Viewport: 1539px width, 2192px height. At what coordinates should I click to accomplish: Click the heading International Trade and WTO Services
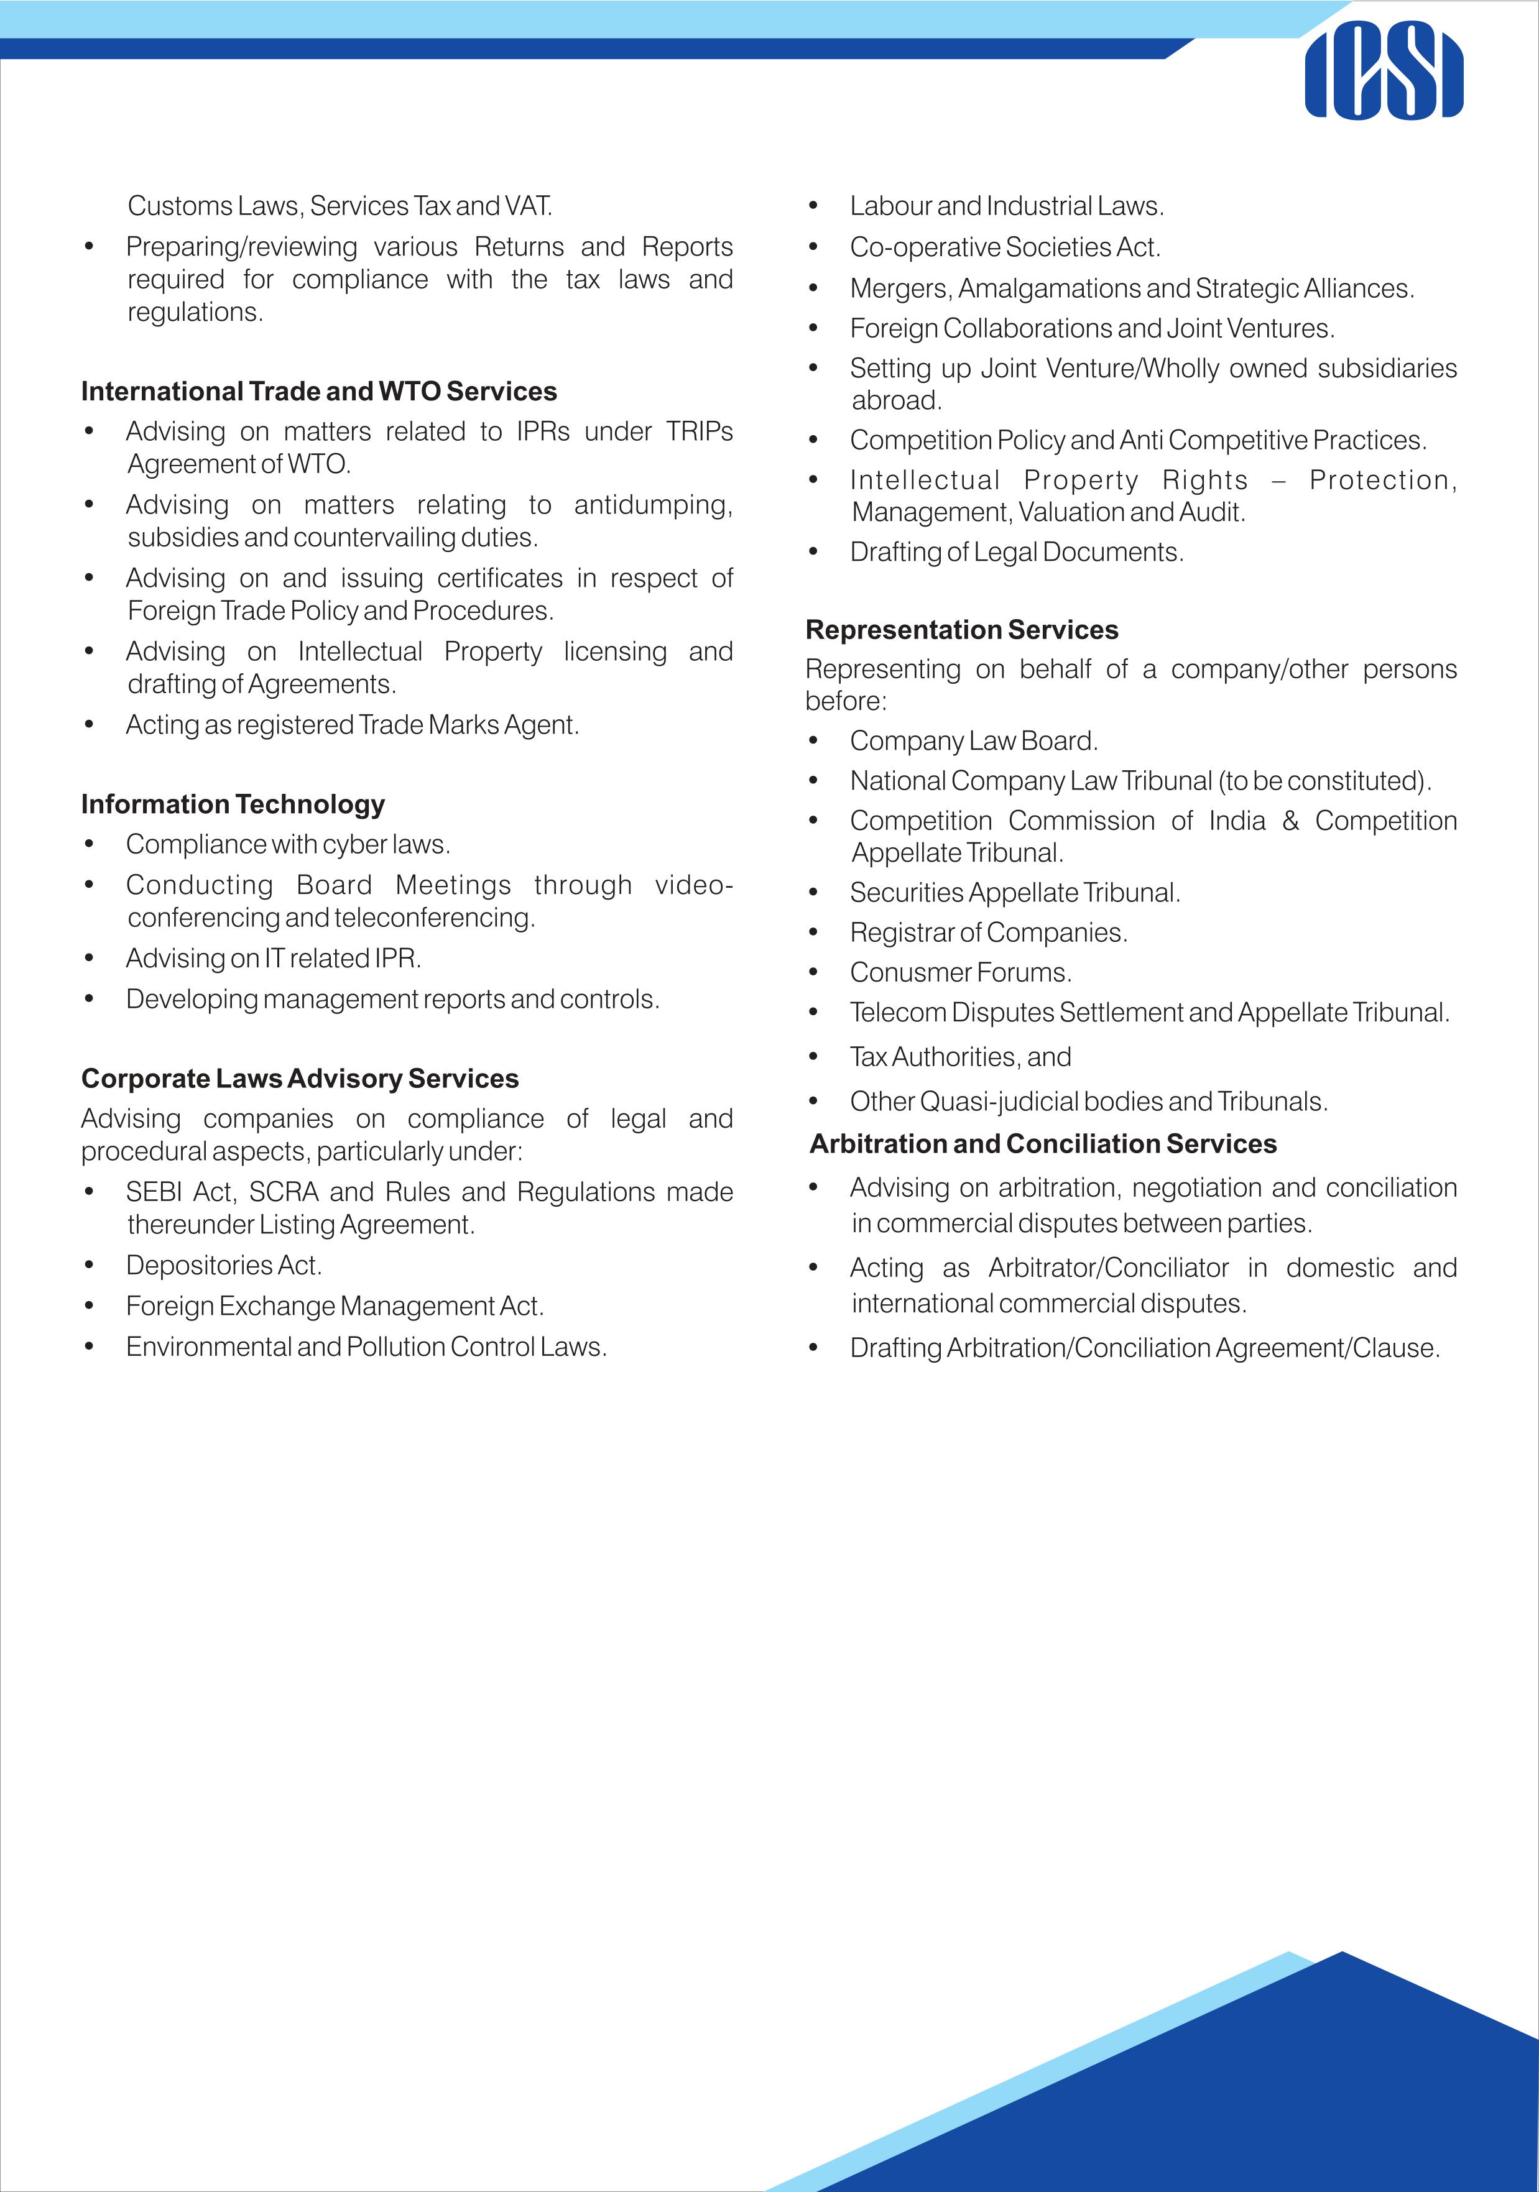(x=319, y=392)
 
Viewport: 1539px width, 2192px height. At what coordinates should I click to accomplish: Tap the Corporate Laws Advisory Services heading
(x=300, y=1078)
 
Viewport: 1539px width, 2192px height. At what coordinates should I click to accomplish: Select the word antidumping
(x=652, y=505)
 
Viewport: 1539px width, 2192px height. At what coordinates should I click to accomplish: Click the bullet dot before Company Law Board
(x=813, y=742)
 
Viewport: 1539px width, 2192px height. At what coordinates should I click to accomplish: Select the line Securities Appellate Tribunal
(x=1015, y=893)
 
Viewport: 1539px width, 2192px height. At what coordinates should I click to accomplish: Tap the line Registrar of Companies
(x=988, y=932)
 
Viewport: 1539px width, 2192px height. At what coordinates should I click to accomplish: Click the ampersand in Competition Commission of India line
(x=1291, y=821)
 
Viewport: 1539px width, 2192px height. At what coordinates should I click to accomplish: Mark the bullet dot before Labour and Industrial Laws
(x=813, y=207)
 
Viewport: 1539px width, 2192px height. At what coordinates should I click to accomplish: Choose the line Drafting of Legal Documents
(x=1016, y=552)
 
